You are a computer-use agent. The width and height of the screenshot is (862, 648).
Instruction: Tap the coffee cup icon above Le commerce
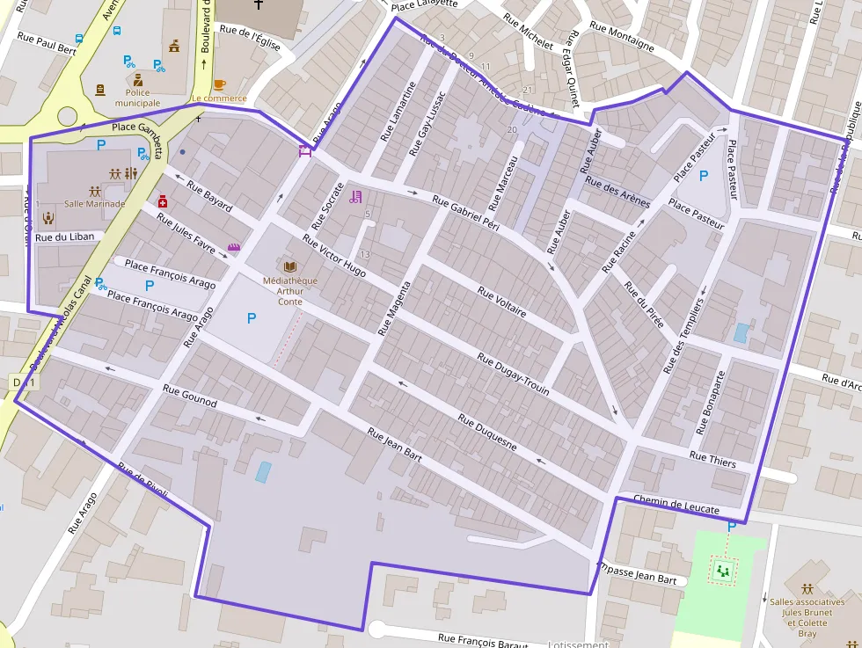(219, 84)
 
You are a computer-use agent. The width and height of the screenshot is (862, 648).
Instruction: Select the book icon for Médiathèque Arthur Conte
(289, 266)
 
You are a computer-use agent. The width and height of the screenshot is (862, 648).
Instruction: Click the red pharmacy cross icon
(163, 201)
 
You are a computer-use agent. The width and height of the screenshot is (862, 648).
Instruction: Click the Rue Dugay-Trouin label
(514, 373)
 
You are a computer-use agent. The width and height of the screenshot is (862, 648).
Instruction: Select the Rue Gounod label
(189, 395)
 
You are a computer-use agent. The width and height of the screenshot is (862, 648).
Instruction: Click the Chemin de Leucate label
(676, 504)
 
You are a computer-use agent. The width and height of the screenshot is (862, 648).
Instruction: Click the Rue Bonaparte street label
(711, 403)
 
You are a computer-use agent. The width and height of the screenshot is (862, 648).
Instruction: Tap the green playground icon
(723, 572)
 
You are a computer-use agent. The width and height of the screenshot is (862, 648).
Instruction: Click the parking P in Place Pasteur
(703, 175)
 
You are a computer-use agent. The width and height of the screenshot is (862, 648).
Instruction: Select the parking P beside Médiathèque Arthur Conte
(252, 317)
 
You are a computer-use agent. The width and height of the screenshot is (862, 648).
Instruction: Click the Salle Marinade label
(95, 204)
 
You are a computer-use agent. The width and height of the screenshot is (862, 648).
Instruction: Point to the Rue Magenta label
(394, 309)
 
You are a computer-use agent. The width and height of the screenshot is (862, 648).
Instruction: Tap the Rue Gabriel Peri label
(465, 213)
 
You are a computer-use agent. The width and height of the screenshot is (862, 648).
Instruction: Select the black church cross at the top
(259, 5)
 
